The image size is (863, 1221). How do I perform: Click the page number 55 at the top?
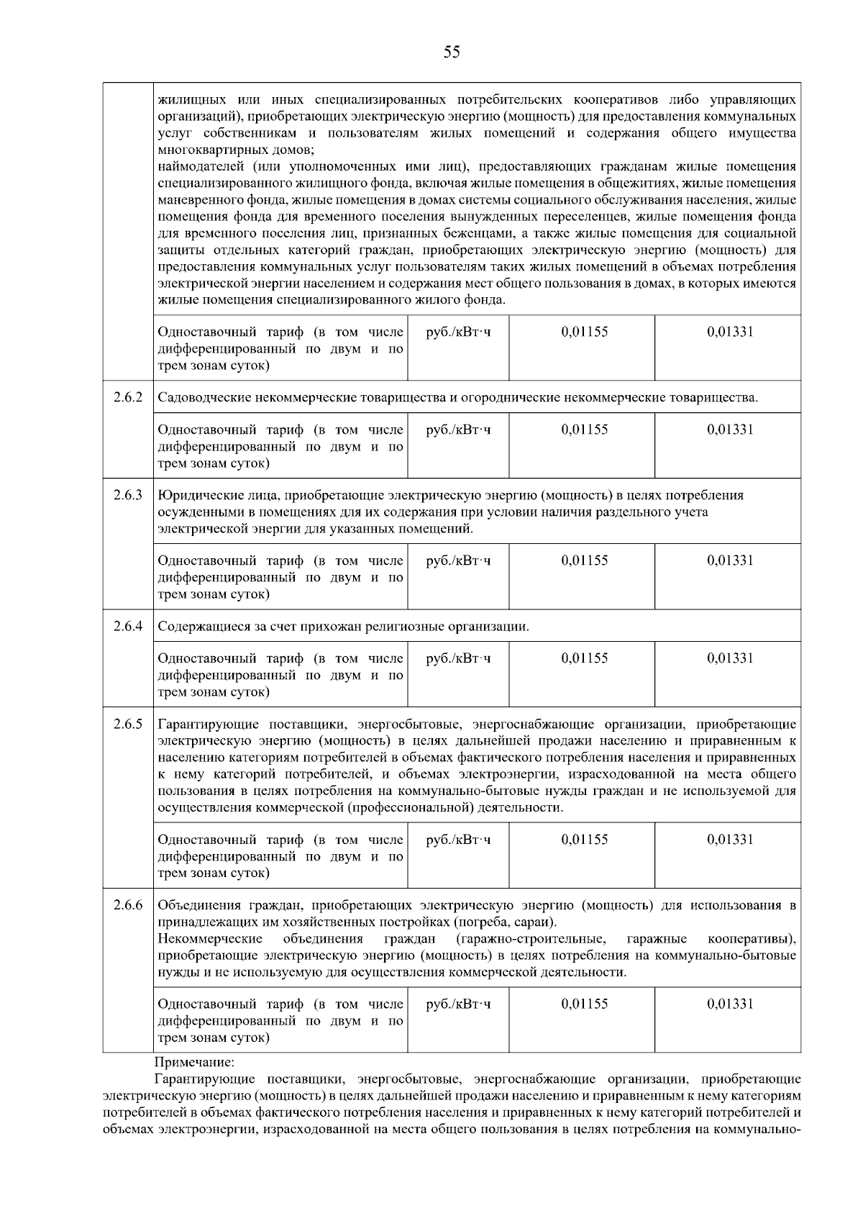[x=452, y=52]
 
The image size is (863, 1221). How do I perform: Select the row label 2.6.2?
[x=128, y=397]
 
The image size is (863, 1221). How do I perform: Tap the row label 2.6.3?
[x=128, y=495]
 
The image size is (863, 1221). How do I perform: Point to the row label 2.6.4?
[x=128, y=626]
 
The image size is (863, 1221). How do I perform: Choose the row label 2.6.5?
[x=128, y=724]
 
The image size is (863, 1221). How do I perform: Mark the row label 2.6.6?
[x=128, y=905]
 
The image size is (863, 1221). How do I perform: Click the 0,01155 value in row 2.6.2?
[x=584, y=430]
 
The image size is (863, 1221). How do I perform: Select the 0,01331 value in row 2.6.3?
[x=730, y=560]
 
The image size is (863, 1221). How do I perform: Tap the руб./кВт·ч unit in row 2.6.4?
[x=458, y=658]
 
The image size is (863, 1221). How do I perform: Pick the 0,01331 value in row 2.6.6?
[x=730, y=1004]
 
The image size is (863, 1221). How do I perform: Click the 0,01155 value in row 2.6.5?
[x=584, y=840]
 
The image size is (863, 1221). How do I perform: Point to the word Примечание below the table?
[x=194, y=1062]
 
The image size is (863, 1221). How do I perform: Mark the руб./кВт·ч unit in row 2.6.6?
[x=458, y=1004]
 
